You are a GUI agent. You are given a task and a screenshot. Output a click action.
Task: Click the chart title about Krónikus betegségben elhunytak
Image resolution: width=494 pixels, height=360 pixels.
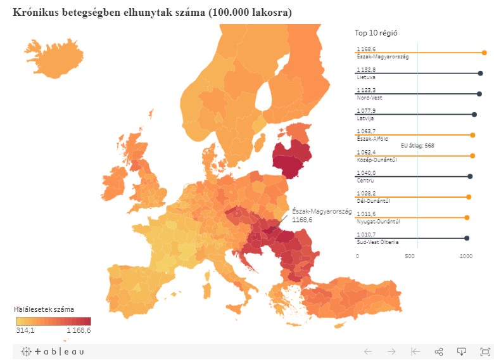(x=152, y=13)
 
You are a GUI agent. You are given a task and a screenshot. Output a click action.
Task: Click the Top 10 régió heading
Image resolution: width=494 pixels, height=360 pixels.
(x=376, y=33)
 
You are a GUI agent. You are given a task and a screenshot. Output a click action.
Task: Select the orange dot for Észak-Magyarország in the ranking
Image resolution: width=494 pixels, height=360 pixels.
(x=484, y=53)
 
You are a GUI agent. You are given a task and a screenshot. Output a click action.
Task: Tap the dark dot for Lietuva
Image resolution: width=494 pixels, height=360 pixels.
(x=480, y=74)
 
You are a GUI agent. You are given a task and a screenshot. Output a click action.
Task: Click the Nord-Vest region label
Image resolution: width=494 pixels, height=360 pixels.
(x=369, y=98)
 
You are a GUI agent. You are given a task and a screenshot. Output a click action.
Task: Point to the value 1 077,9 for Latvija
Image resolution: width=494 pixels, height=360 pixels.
(x=366, y=110)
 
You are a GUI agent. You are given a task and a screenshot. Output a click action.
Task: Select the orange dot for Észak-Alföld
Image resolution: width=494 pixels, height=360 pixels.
(x=472, y=135)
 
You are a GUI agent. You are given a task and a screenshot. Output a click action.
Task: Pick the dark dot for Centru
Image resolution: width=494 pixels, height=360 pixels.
(x=470, y=176)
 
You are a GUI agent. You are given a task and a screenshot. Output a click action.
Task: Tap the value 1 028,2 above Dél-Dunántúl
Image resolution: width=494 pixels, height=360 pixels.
(x=366, y=193)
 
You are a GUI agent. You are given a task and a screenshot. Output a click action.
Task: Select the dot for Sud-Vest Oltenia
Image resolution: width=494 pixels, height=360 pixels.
(x=467, y=238)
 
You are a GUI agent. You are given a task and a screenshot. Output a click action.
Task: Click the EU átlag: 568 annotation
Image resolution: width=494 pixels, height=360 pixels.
(x=417, y=145)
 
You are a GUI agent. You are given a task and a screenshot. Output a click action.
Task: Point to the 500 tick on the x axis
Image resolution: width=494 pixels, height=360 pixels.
(x=411, y=256)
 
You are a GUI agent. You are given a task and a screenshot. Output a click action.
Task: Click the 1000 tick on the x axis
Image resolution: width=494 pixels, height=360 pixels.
(x=465, y=256)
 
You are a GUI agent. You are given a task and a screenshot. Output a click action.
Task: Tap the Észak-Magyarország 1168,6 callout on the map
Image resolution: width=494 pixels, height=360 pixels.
(x=321, y=215)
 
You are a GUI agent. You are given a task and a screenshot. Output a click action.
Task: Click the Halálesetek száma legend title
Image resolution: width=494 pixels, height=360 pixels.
(x=44, y=309)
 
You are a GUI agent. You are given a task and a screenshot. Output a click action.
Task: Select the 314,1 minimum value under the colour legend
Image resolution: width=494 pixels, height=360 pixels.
(x=25, y=330)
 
